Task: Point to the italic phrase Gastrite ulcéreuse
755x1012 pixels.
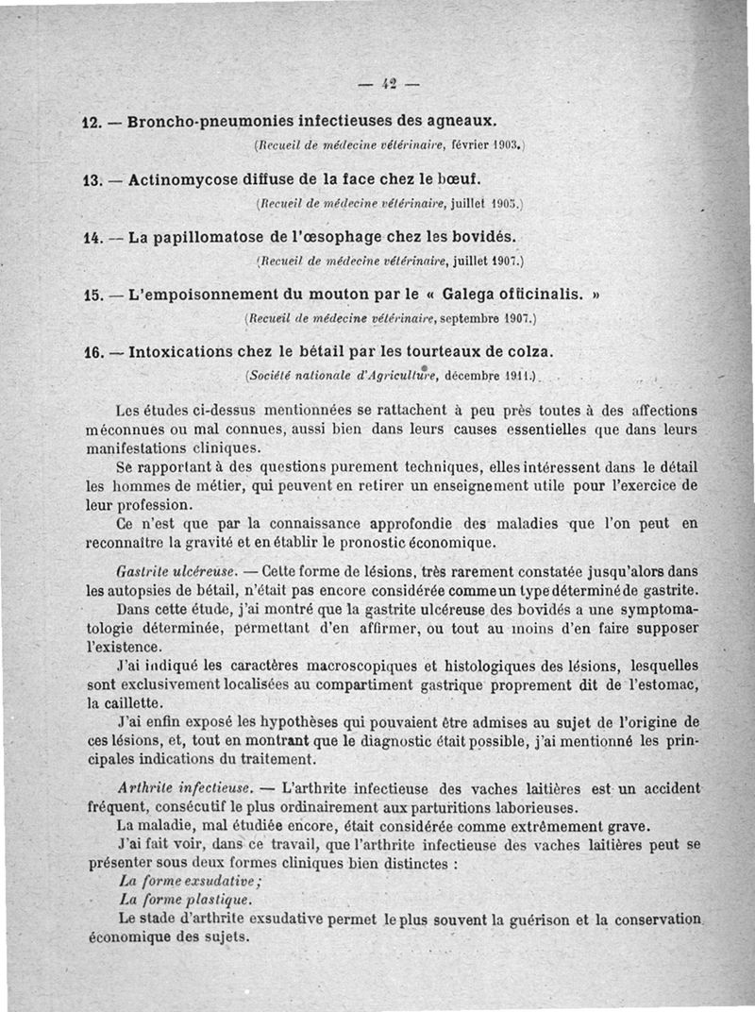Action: tap(175, 572)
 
